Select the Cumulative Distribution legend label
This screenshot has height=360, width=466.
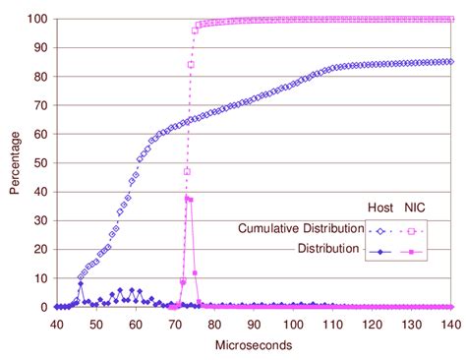(299, 229)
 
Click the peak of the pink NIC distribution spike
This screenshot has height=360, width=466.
(187, 198)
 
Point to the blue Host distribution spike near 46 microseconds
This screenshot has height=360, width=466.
(81, 284)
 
